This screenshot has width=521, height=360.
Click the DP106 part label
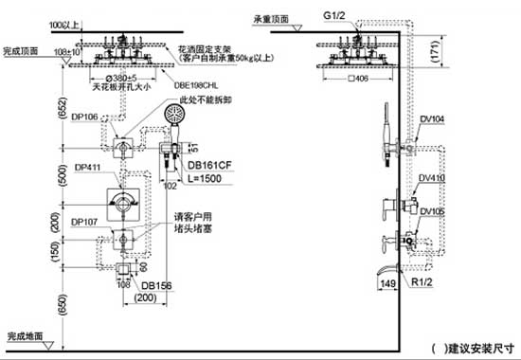click(x=84, y=117)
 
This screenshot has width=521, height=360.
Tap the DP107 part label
click(x=84, y=223)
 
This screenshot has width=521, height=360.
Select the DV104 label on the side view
click(x=431, y=118)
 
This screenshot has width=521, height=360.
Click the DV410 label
click(x=431, y=177)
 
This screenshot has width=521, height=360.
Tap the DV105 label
click(x=431, y=211)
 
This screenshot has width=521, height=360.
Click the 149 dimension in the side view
click(x=386, y=282)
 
